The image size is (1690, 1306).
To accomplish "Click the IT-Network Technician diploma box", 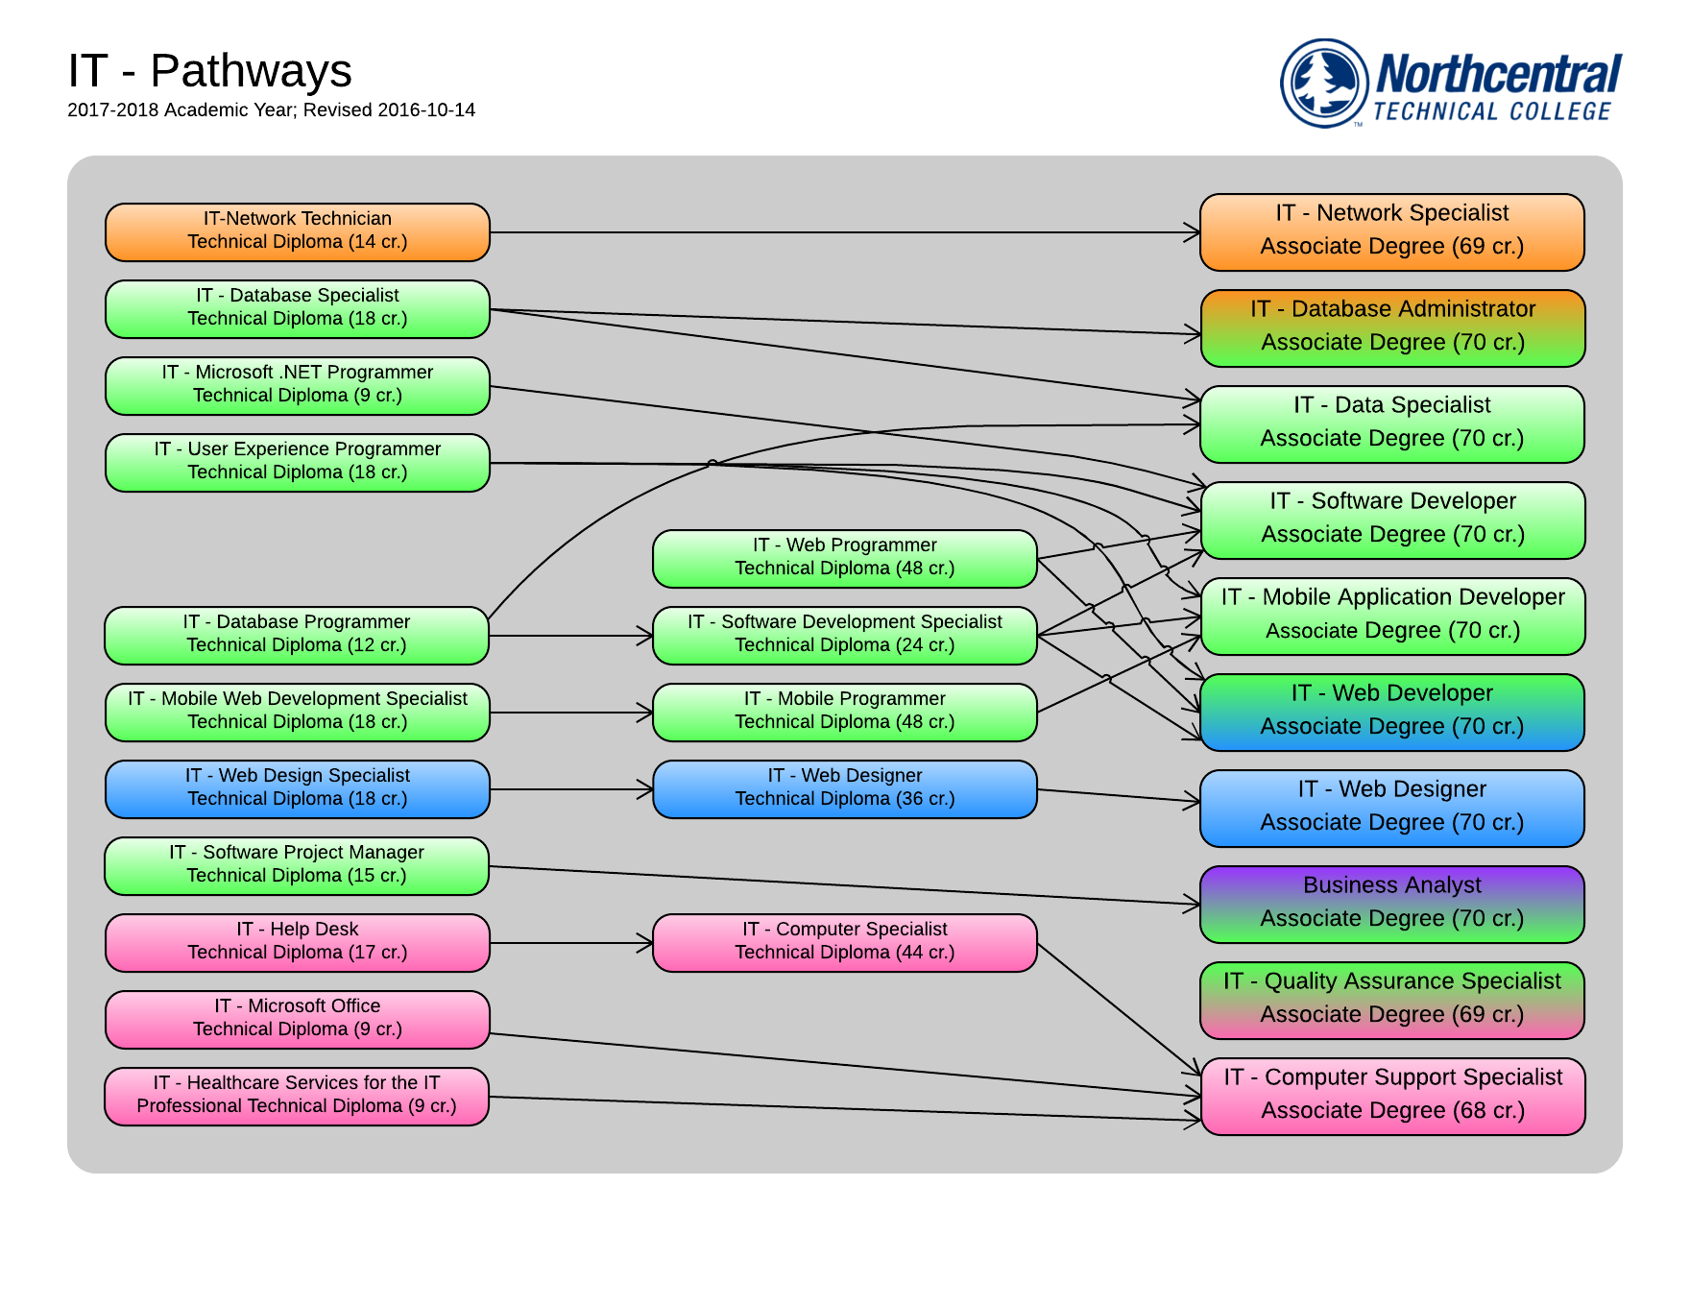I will pos(298,232).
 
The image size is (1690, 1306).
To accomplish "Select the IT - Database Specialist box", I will pos(298,309).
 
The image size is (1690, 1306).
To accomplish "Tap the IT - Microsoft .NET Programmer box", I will pos(298,386).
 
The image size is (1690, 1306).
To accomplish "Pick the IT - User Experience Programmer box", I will pos(298,463).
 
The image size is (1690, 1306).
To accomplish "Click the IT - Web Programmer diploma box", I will pos(844,559).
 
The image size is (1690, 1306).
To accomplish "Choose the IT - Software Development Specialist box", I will pos(844,636).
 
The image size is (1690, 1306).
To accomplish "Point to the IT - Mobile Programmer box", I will pos(844,713).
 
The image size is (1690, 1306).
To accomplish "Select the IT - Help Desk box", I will pos(298,943).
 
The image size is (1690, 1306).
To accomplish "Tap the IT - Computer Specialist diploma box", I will pos(844,943).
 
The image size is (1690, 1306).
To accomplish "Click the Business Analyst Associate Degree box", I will pos(1391,905).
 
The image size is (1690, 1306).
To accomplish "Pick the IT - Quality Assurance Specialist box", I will pos(1391,1001).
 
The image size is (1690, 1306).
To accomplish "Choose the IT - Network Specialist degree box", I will pos(1391,232).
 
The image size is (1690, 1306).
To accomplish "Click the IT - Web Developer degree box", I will pos(1391,713).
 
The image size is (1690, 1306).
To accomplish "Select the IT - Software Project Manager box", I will pos(298,866).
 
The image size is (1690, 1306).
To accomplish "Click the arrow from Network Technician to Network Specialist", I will pos(845,232).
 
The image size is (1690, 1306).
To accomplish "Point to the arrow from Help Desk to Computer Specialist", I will pos(571,943).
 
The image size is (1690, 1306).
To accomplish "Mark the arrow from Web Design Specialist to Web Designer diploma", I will pos(571,789).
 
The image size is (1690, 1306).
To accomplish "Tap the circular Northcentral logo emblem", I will pos(1324,83).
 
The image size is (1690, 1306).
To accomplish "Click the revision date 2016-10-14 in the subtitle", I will pos(426,110).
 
